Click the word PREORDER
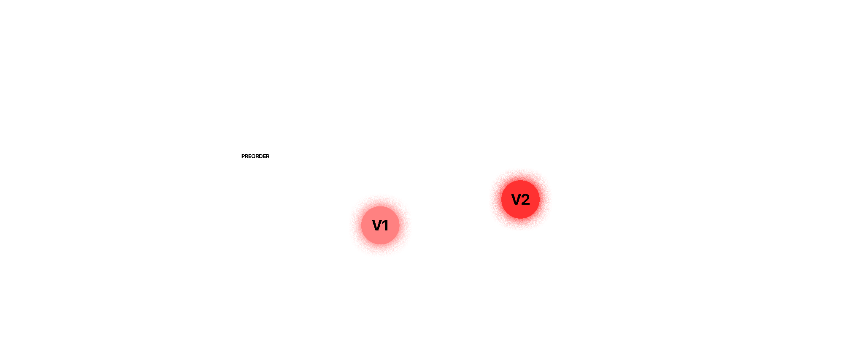(x=255, y=156)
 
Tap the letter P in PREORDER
(x=243, y=156)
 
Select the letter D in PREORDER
(x=261, y=156)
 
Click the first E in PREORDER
(x=250, y=156)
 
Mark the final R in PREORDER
(x=268, y=156)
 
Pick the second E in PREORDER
(x=265, y=156)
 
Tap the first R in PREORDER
(x=246, y=156)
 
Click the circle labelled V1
(x=380, y=225)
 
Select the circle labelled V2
(x=520, y=199)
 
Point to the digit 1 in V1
(x=385, y=225)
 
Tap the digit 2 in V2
(x=525, y=199)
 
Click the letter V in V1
(x=377, y=225)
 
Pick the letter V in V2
(x=516, y=199)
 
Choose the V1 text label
(x=380, y=225)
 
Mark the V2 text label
(x=520, y=199)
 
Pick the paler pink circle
(x=380, y=225)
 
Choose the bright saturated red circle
(x=520, y=199)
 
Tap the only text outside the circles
(x=255, y=156)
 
